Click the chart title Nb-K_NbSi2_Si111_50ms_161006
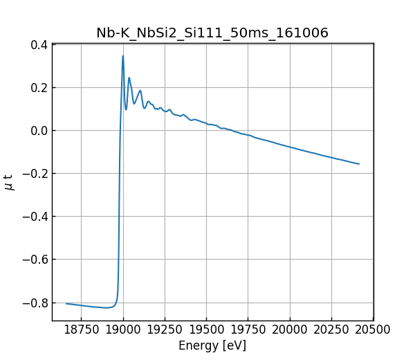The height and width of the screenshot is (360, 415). tap(212, 33)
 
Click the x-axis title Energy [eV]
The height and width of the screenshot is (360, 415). tap(212, 345)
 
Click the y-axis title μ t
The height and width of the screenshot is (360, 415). tap(9, 182)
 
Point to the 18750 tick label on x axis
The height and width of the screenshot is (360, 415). tap(81, 330)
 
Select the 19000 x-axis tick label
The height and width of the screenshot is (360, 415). tap(123, 330)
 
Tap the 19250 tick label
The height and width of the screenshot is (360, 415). tap(165, 330)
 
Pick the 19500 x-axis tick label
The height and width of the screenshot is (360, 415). tap(207, 330)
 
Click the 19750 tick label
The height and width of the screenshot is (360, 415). tap(248, 330)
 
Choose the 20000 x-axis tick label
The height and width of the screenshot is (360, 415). tap(290, 330)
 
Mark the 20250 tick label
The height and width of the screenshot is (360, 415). tap(332, 330)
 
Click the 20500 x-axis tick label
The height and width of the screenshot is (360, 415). tap(373, 330)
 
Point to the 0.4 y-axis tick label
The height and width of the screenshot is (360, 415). tap(39, 45)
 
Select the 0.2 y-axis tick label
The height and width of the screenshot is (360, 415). tap(39, 88)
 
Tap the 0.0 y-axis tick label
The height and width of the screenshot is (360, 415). tap(39, 131)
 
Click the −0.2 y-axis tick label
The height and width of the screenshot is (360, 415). tap(36, 174)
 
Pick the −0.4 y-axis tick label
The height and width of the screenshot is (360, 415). tap(36, 217)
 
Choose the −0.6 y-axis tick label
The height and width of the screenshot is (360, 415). tap(36, 260)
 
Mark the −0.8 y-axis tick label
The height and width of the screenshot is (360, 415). tap(36, 303)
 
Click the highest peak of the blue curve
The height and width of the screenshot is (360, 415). tap(123, 56)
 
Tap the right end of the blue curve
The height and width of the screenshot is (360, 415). tap(359, 164)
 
